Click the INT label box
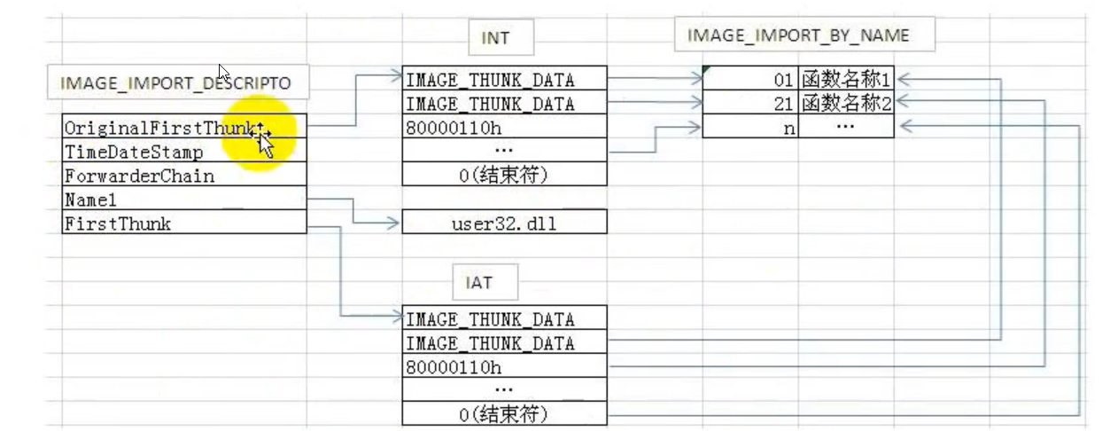(x=494, y=37)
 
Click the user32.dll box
(x=504, y=223)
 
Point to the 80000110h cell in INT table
(x=504, y=128)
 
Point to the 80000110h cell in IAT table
(x=504, y=366)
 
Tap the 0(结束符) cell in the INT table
(x=504, y=176)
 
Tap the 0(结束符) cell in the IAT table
(x=504, y=413)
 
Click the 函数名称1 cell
(x=845, y=80)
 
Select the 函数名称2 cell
(x=845, y=104)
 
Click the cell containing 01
(x=750, y=80)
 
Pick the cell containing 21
(x=750, y=104)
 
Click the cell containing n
(x=750, y=128)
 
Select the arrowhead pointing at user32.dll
(x=395, y=223)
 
